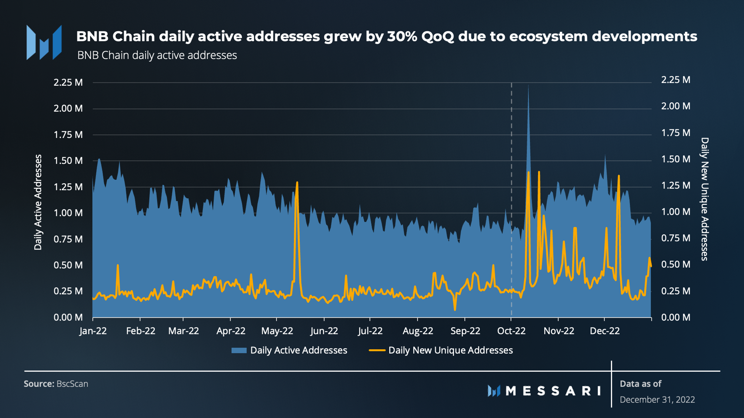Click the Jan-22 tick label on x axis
click(x=93, y=331)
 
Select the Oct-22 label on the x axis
click(x=511, y=331)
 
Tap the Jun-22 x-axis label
click(x=324, y=331)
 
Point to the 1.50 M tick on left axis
click(x=68, y=161)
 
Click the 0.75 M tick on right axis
click(x=676, y=238)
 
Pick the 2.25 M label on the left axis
click(x=68, y=83)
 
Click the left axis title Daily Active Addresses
click(x=38, y=202)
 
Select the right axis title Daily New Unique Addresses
click(x=704, y=199)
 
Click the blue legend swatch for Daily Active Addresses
click(x=239, y=350)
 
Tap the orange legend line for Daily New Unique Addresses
click(x=377, y=350)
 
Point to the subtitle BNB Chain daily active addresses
click(x=157, y=56)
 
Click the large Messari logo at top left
click(x=44, y=42)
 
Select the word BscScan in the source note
click(x=72, y=384)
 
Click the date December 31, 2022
click(x=657, y=400)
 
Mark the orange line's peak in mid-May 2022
click(x=297, y=182)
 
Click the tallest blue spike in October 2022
click(x=528, y=86)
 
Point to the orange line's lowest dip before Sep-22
click(x=455, y=309)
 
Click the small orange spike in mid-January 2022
click(x=118, y=265)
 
